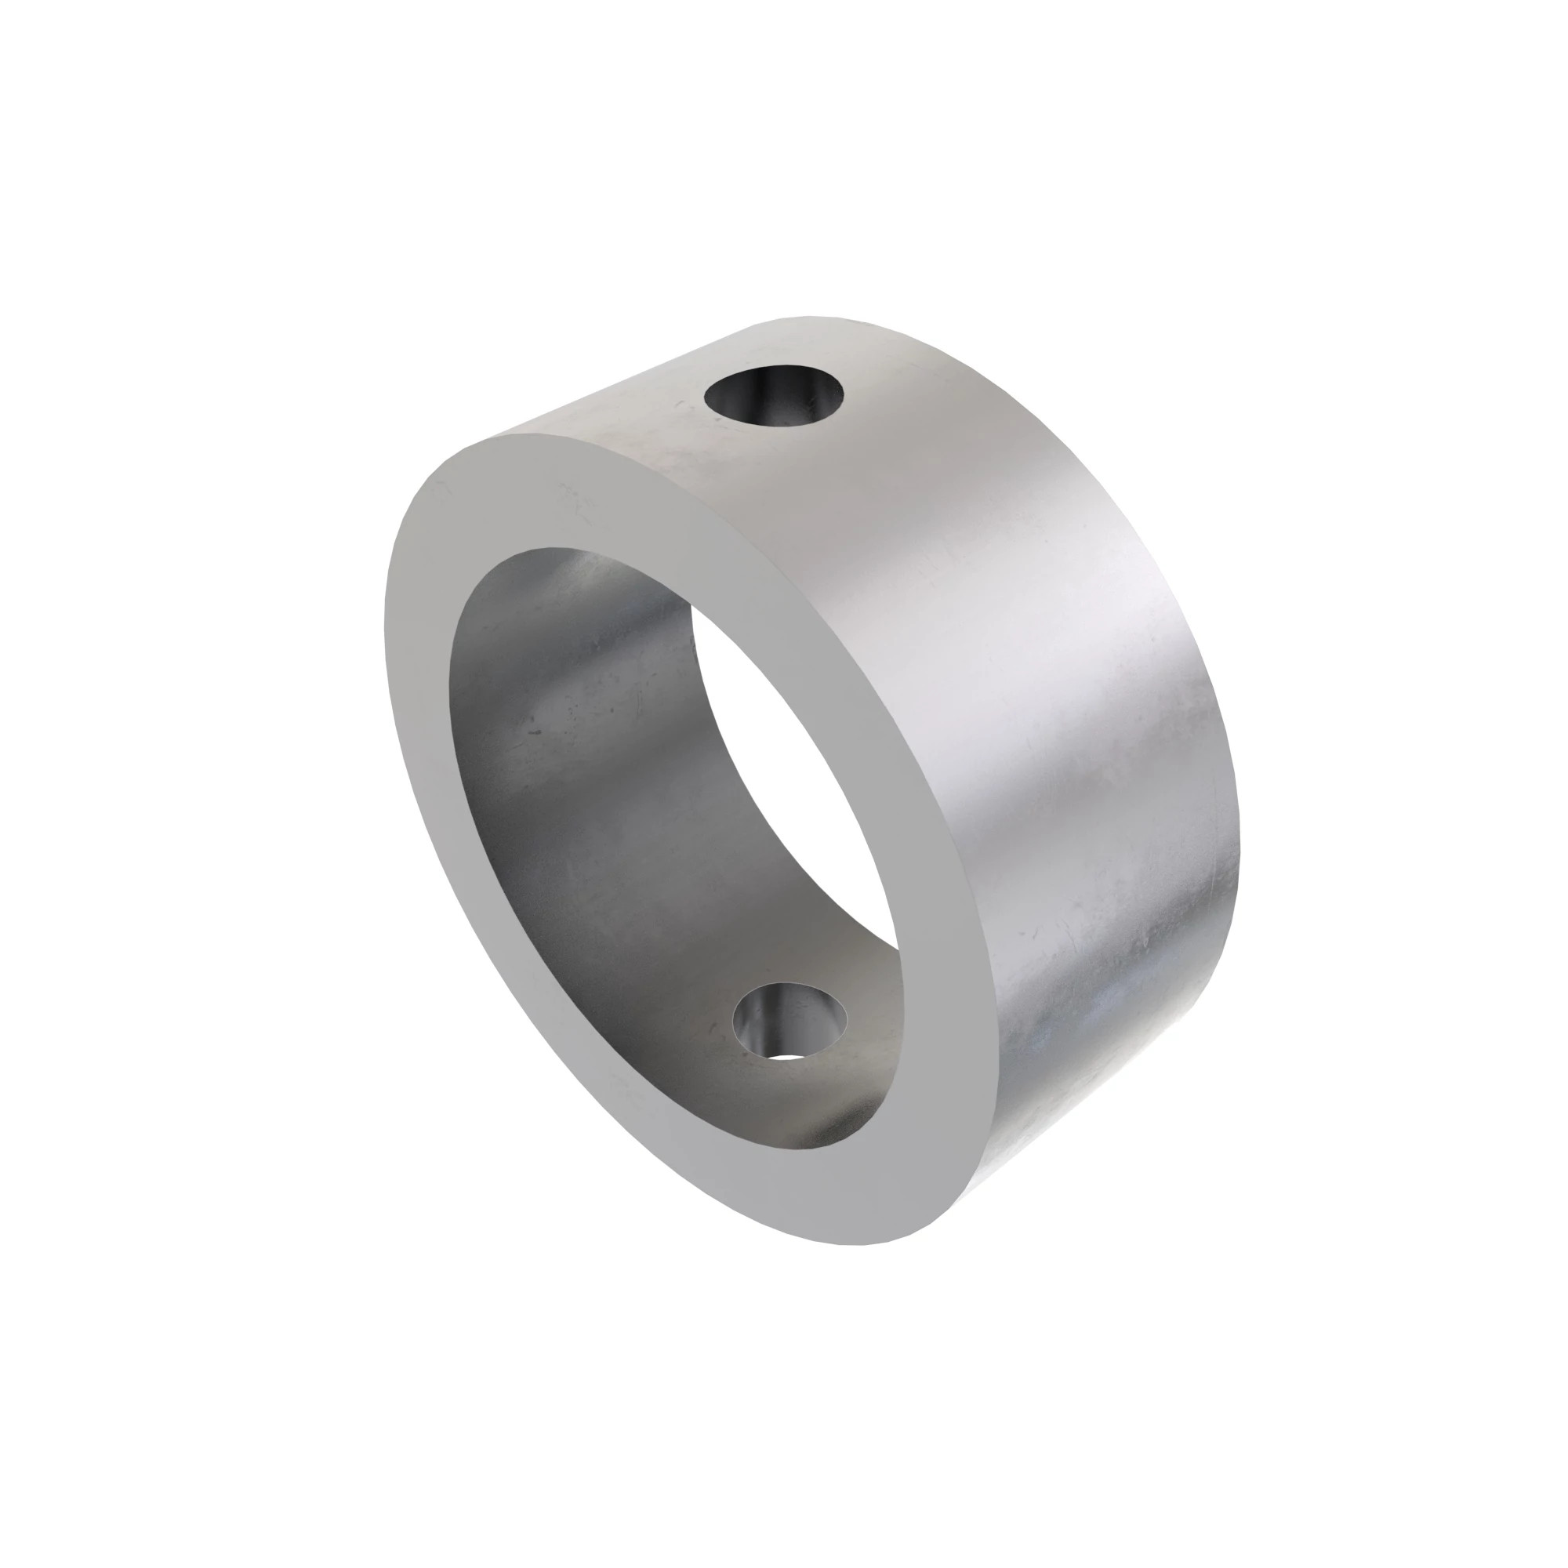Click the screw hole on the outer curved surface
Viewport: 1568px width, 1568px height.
(774, 395)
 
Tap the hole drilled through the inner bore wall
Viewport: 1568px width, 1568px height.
(789, 1019)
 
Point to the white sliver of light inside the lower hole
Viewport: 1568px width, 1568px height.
(783, 1057)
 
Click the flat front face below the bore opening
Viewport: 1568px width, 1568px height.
(811, 1193)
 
